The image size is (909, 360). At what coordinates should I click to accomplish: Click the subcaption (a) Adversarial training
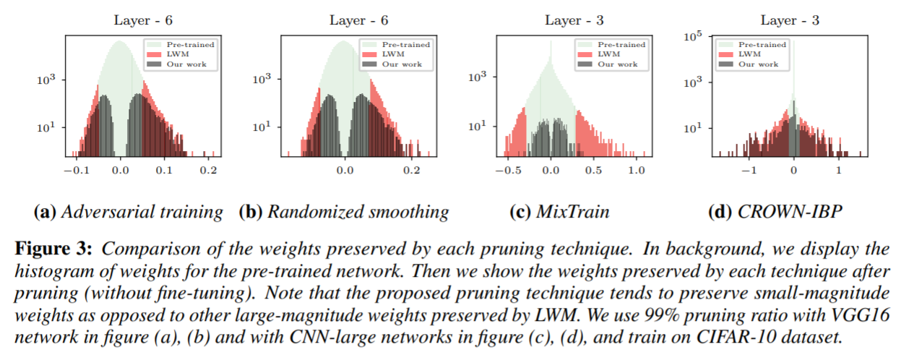129,212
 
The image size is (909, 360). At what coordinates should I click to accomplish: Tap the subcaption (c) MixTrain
562,212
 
